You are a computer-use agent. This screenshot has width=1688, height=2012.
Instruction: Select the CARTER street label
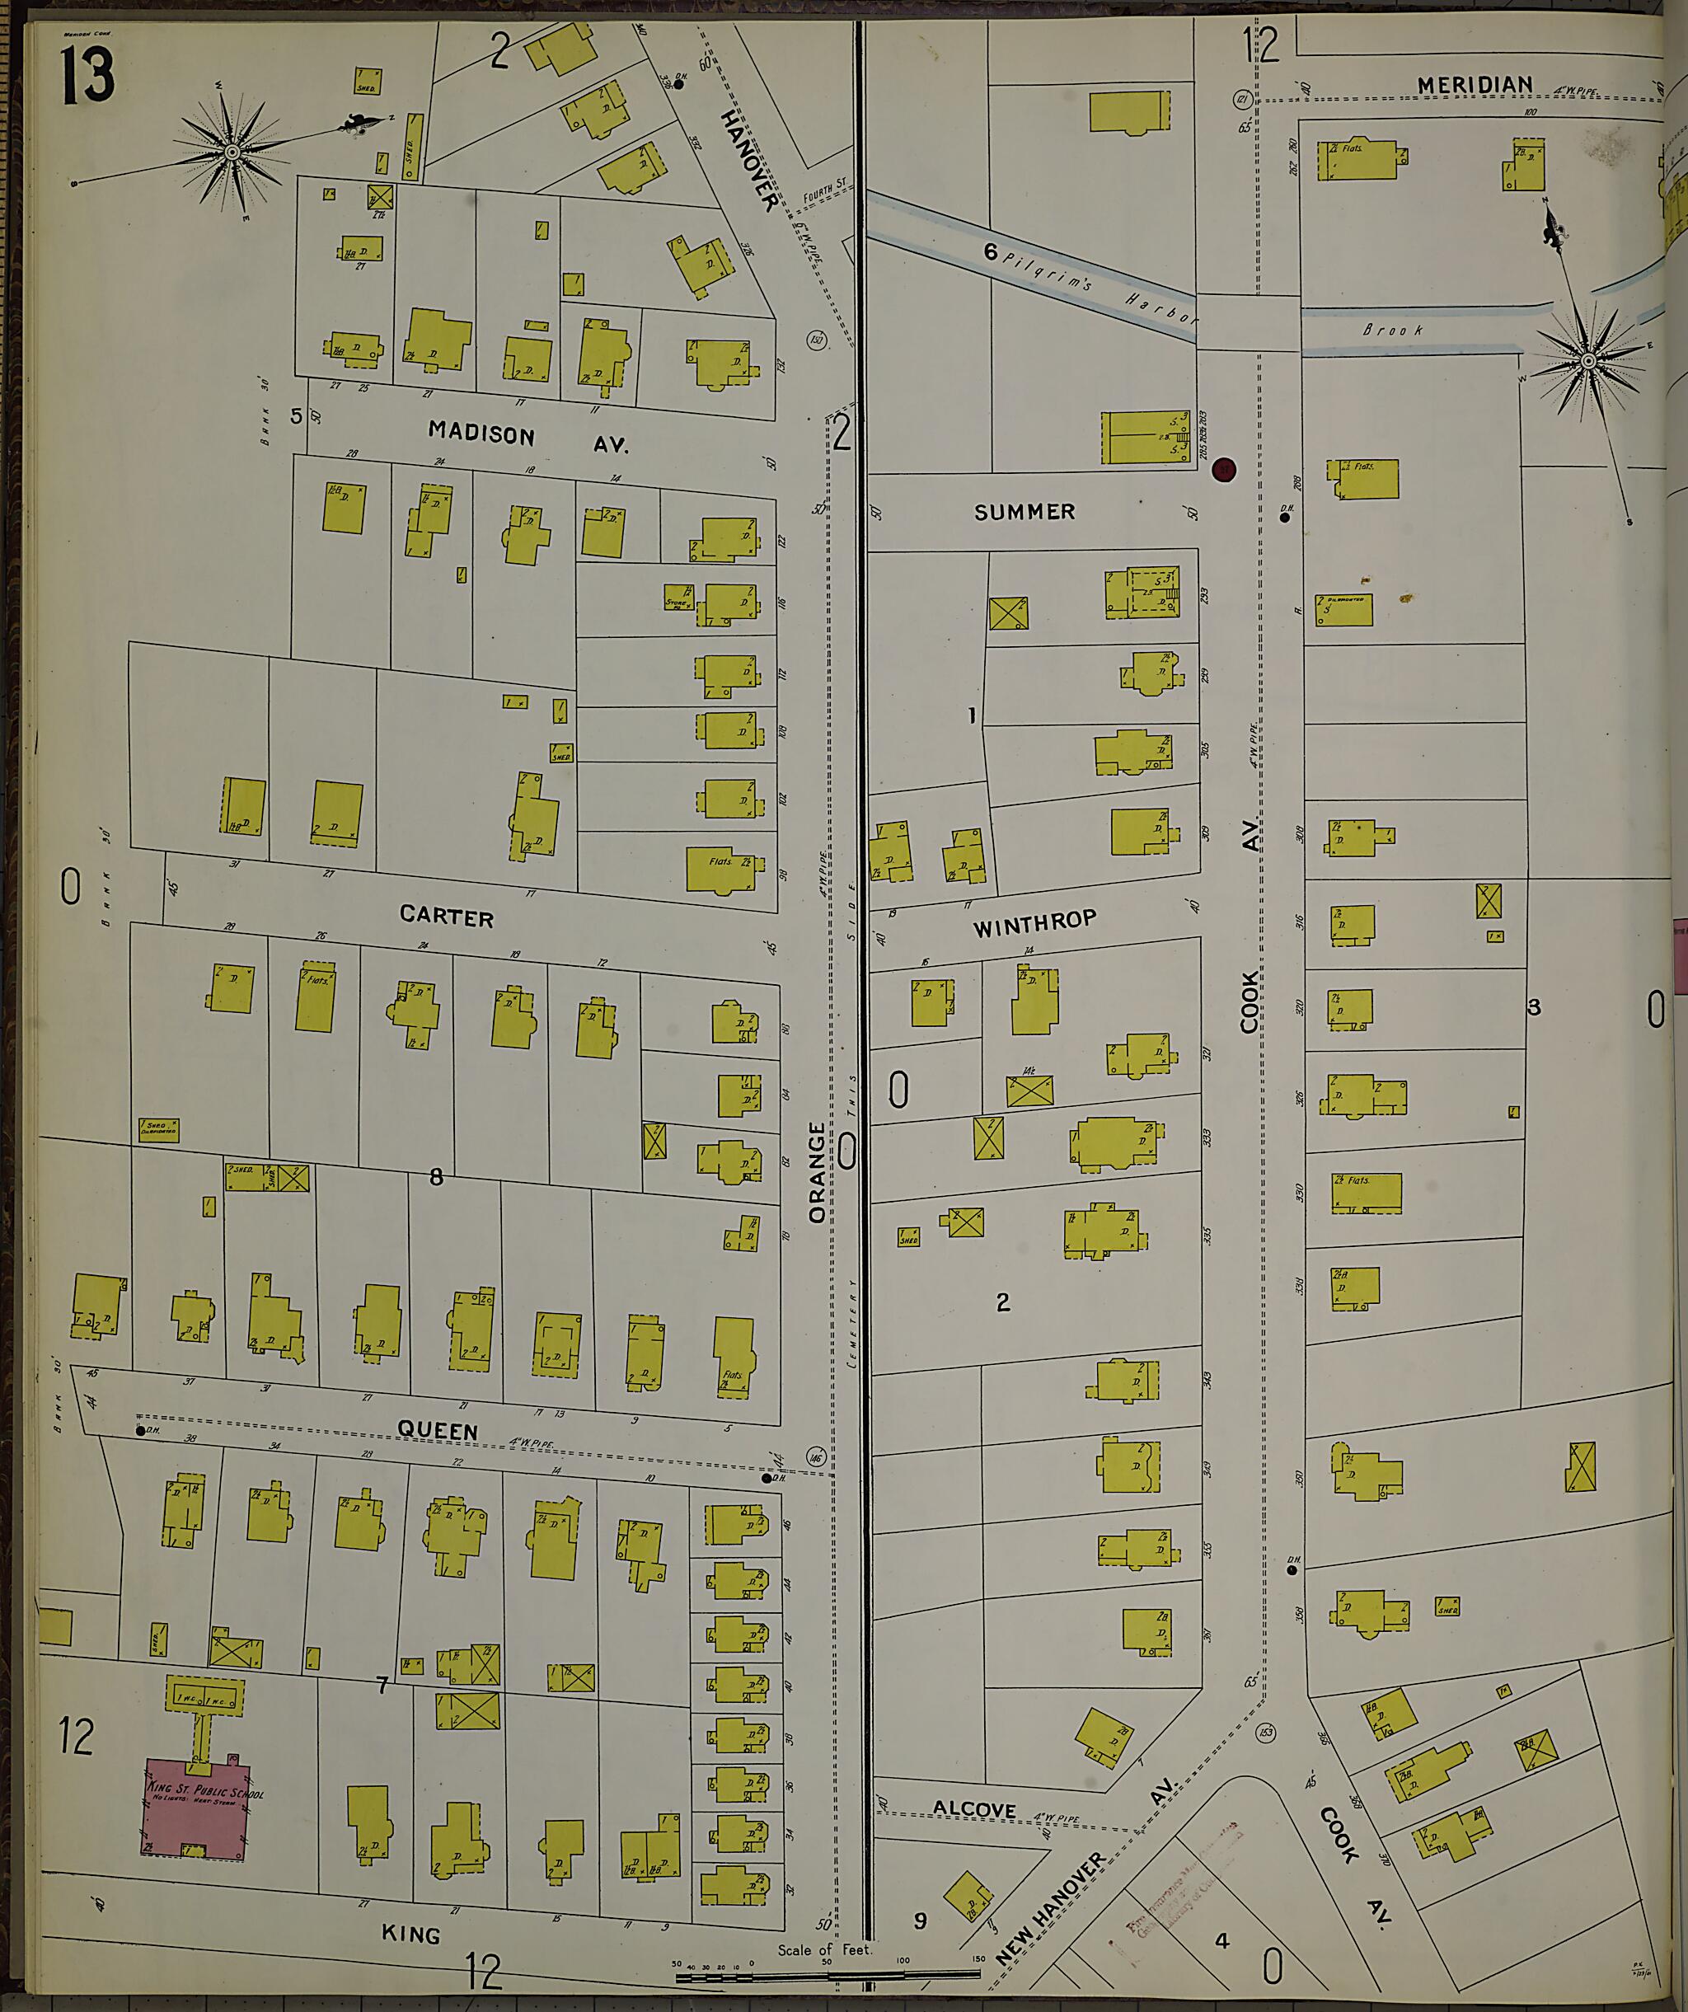[x=447, y=917]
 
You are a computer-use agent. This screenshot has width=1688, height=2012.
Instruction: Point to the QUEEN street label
[x=437, y=1430]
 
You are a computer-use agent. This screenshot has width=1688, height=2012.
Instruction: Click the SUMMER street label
[x=1025, y=513]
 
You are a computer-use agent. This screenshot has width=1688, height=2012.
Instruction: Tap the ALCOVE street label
[x=974, y=1809]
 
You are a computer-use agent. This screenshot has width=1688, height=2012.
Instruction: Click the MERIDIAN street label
[x=1475, y=85]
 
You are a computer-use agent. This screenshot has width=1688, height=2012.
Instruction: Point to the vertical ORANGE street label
[x=816, y=1173]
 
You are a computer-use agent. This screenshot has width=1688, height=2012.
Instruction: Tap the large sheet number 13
[x=87, y=76]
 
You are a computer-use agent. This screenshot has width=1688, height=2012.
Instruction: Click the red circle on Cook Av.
[x=1223, y=470]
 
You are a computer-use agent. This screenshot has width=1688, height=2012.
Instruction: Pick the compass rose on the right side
[x=1588, y=361]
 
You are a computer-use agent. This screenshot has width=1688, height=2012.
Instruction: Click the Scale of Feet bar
[x=824, y=1976]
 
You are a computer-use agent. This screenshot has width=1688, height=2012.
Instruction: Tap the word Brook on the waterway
[x=1393, y=330]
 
